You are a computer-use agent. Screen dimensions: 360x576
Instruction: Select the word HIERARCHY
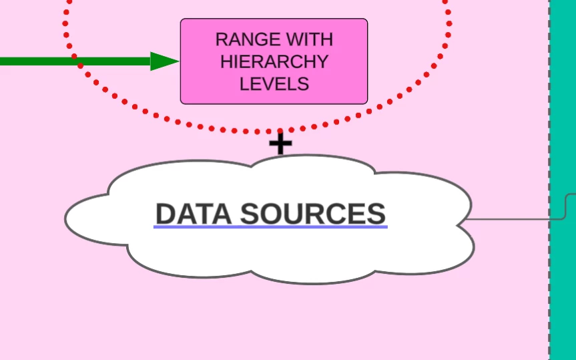pos(274,61)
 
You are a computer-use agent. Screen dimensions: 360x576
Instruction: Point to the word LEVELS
pos(274,83)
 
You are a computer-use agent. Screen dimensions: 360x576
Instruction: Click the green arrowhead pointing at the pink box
pos(164,61)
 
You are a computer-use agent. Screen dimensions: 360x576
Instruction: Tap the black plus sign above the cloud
pos(280,144)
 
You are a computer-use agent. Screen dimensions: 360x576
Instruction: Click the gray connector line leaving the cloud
pos(514,218)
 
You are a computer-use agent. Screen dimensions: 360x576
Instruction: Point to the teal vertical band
pos(564,134)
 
